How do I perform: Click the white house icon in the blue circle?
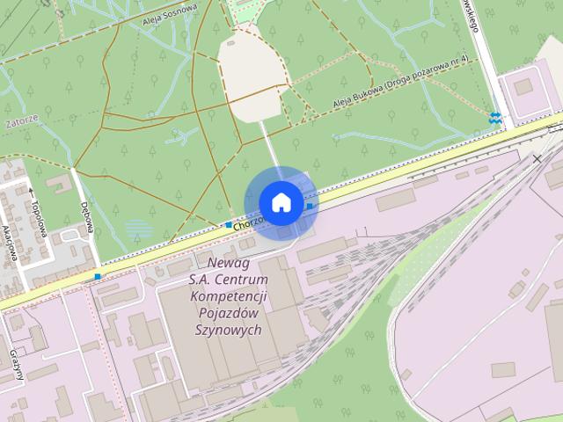281,202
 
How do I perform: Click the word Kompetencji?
227,296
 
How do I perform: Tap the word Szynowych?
228,330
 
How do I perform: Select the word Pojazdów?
228,313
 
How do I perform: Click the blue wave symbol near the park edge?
495,118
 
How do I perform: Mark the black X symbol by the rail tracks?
537,159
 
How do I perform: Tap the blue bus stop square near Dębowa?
98,276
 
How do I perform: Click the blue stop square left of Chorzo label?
229,225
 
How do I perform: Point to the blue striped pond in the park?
138,229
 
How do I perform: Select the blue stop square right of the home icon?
310,206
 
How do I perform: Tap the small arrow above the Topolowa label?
31,191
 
